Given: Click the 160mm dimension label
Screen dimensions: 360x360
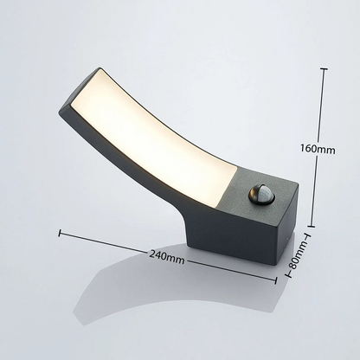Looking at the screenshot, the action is click(x=318, y=149).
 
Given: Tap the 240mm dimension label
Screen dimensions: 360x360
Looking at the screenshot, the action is click(x=166, y=257).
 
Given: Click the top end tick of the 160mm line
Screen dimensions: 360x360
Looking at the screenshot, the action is click(x=324, y=69).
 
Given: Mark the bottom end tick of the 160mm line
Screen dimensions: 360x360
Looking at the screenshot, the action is click(x=311, y=227).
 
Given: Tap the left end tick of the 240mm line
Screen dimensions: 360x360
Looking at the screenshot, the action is click(x=60, y=233).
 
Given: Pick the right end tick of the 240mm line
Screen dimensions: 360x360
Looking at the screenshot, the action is click(x=275, y=280).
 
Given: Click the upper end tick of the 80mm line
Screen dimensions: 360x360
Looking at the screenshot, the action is click(x=308, y=236).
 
